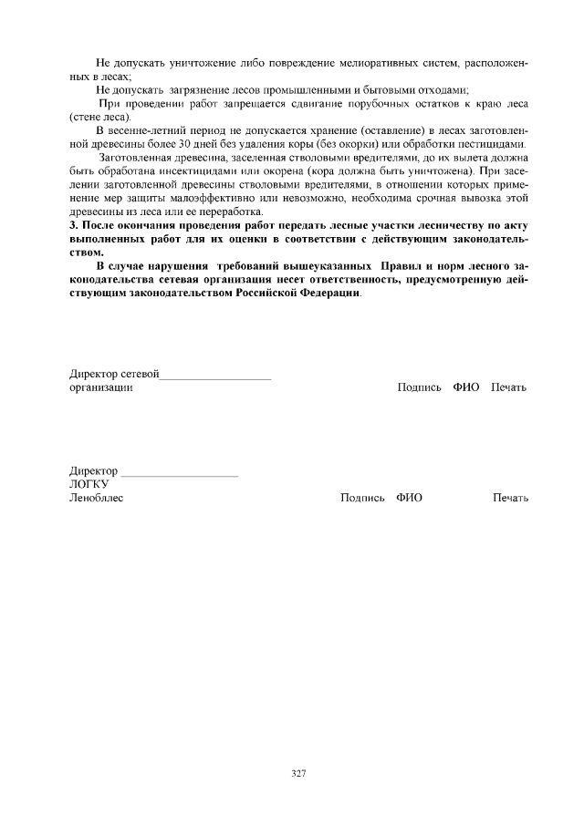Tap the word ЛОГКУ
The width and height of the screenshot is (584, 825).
[89, 484]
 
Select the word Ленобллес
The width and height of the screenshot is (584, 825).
[97, 498]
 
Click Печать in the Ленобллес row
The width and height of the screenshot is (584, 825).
[510, 498]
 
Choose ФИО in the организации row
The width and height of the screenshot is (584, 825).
[465, 387]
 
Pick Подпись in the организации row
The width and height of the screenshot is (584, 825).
[420, 387]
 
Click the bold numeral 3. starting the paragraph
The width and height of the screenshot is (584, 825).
[75, 225]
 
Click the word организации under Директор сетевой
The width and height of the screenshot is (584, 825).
[102, 387]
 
